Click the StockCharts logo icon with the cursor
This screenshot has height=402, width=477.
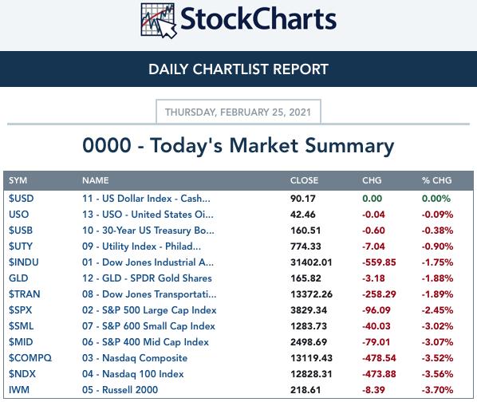(159, 21)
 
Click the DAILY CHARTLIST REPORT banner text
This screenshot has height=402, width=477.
(238, 69)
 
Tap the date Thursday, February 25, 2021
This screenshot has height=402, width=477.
(238, 112)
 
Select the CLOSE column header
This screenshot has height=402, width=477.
(304, 180)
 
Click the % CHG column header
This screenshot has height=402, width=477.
(437, 180)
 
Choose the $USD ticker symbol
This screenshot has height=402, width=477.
(21, 199)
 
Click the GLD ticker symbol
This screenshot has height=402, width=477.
(18, 278)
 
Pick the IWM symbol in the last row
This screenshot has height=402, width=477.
(19, 390)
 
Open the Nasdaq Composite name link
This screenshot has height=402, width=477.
(135, 358)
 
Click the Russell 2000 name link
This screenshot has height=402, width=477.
(120, 390)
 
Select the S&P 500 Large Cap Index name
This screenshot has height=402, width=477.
(149, 310)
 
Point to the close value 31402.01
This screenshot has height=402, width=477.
(311, 262)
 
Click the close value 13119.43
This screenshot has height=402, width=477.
(311, 358)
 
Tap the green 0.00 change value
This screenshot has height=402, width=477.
(372, 199)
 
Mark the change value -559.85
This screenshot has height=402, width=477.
(379, 262)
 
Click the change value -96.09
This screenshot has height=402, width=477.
(376, 310)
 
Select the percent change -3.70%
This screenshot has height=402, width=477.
(437, 390)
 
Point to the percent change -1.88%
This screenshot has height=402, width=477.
(437, 278)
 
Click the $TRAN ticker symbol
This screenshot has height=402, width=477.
(25, 294)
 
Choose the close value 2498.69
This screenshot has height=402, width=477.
(309, 342)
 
